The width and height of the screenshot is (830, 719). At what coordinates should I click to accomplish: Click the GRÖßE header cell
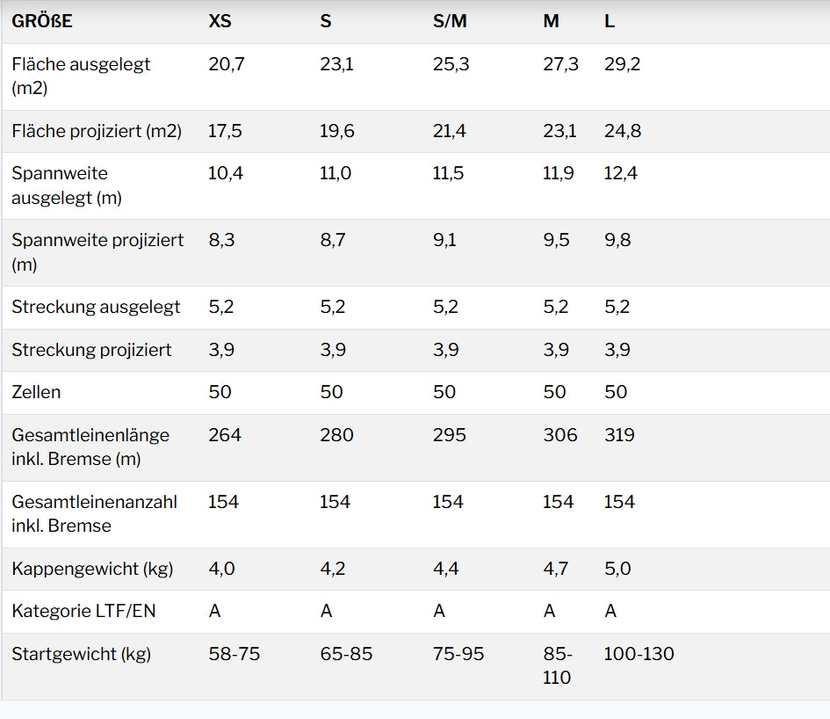point(42,21)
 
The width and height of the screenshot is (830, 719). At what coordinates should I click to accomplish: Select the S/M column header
point(450,21)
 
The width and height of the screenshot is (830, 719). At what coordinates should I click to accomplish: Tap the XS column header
point(220,21)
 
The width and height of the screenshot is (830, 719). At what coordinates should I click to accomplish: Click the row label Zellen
point(36,392)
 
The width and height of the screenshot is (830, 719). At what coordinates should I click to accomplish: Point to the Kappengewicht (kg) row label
point(92,569)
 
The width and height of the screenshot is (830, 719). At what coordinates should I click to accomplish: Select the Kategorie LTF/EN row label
point(83,611)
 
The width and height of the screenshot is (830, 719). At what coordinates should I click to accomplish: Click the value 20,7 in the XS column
point(227,64)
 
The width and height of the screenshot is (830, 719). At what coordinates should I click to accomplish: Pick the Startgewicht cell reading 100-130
point(639,654)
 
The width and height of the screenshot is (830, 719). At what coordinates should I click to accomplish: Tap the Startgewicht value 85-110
point(558,665)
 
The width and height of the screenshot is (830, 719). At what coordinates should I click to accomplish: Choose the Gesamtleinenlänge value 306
point(559,435)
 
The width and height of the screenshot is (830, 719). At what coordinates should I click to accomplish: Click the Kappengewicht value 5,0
point(617,569)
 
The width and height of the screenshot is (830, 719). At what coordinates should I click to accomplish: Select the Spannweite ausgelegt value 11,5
point(448,173)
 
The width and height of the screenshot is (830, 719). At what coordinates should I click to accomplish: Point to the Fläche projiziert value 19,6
point(337,131)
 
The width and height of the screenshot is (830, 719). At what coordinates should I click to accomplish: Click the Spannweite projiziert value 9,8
point(617,240)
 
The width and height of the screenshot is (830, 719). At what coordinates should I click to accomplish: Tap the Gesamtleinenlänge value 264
point(224,435)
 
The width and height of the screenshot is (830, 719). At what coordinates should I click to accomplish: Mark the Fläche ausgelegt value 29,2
point(622,64)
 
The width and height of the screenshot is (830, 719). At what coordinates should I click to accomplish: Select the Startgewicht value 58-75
point(234,654)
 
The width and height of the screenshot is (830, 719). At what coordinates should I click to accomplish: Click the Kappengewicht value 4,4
point(446,569)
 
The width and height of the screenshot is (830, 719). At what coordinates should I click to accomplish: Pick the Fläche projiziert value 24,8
point(623,131)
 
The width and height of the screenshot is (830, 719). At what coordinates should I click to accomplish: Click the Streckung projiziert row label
point(91,350)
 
